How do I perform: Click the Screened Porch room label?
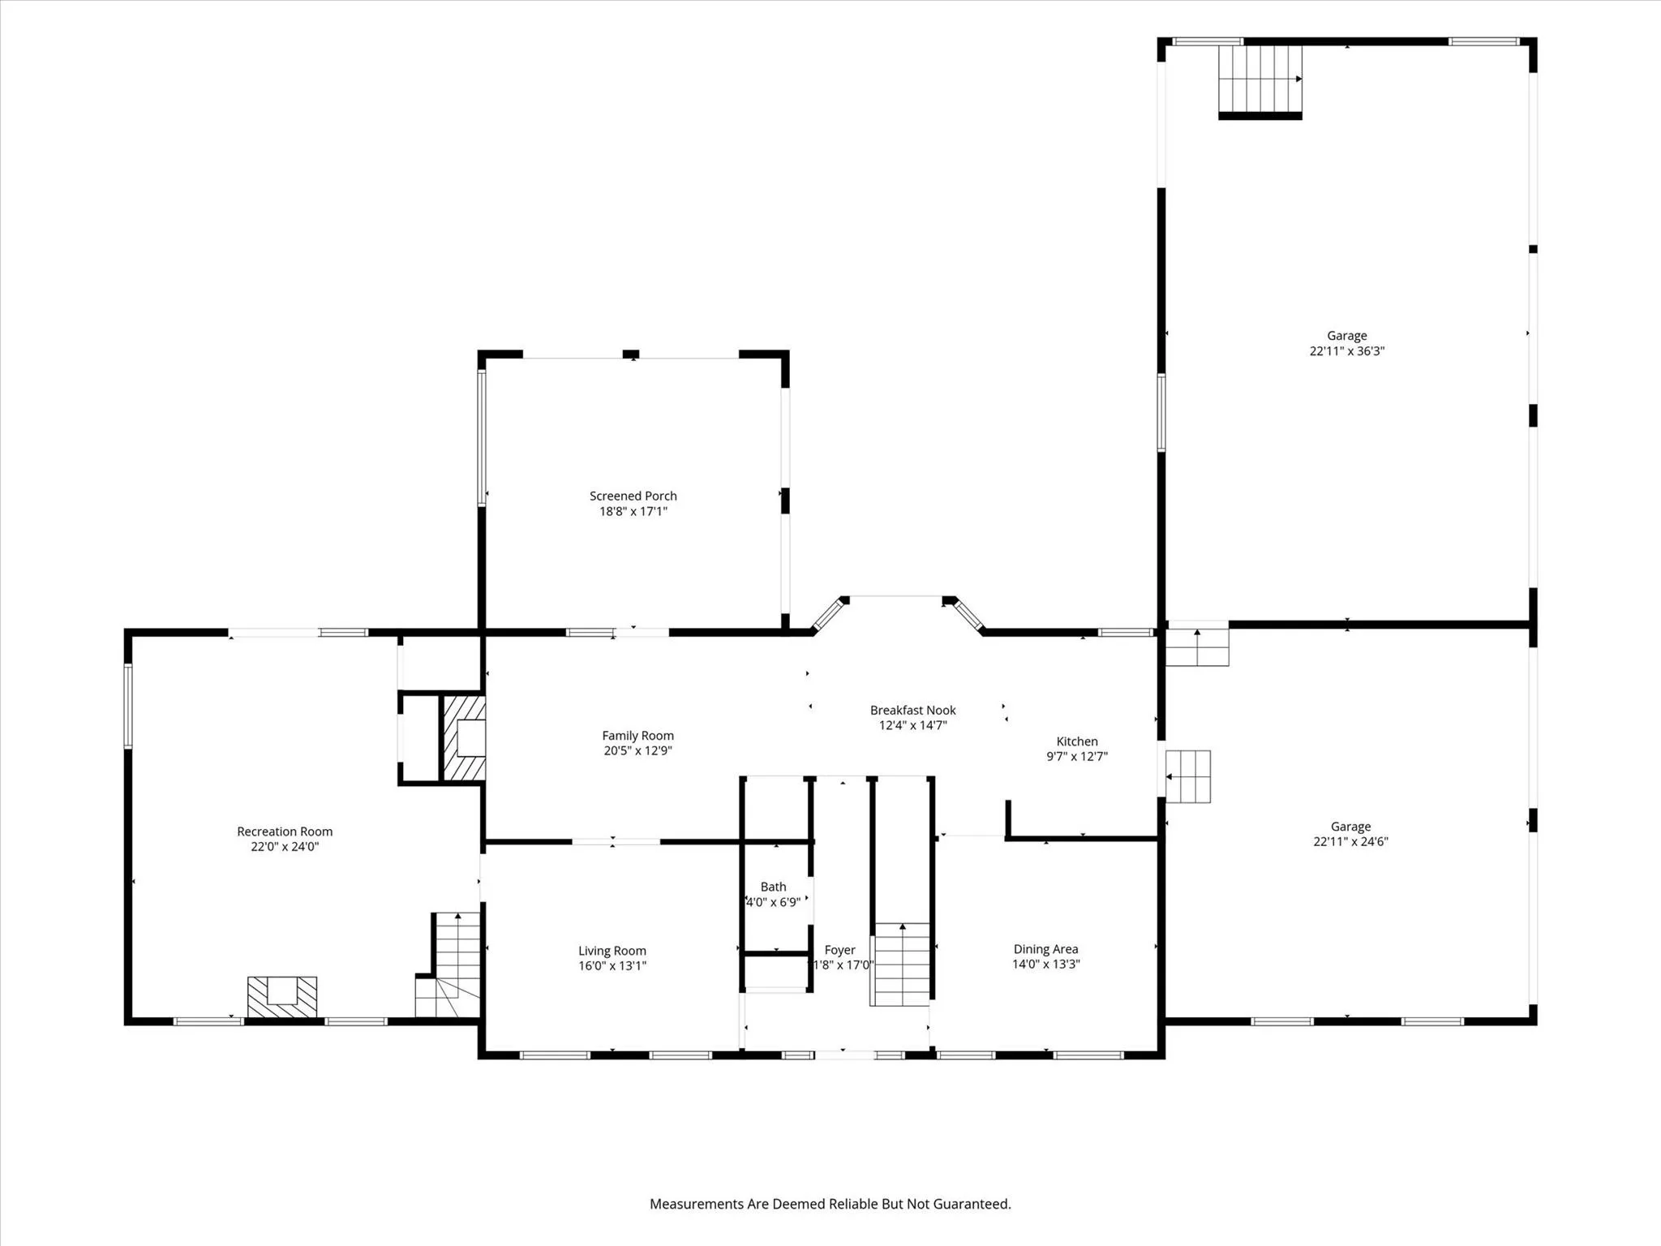click(x=633, y=496)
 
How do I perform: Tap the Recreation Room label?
click(x=285, y=831)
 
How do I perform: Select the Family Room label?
click(x=637, y=736)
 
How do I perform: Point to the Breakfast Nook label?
click(x=913, y=711)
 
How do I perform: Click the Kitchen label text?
click(x=1077, y=741)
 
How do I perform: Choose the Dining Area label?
click(x=1046, y=949)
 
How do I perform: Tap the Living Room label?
click(x=612, y=951)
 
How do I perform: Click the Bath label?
click(x=774, y=887)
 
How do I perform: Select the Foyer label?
click(x=840, y=950)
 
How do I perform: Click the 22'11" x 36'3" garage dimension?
click(x=1347, y=351)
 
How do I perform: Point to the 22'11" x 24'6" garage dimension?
click(x=1351, y=841)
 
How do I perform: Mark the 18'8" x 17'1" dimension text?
click(x=633, y=511)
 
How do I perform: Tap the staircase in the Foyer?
click(x=901, y=965)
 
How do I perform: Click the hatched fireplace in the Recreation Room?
click(x=282, y=996)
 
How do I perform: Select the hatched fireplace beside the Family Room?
click(x=464, y=739)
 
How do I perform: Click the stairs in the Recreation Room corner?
click(x=449, y=965)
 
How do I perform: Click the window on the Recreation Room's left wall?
click(x=128, y=706)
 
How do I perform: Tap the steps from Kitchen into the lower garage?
click(x=1188, y=776)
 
